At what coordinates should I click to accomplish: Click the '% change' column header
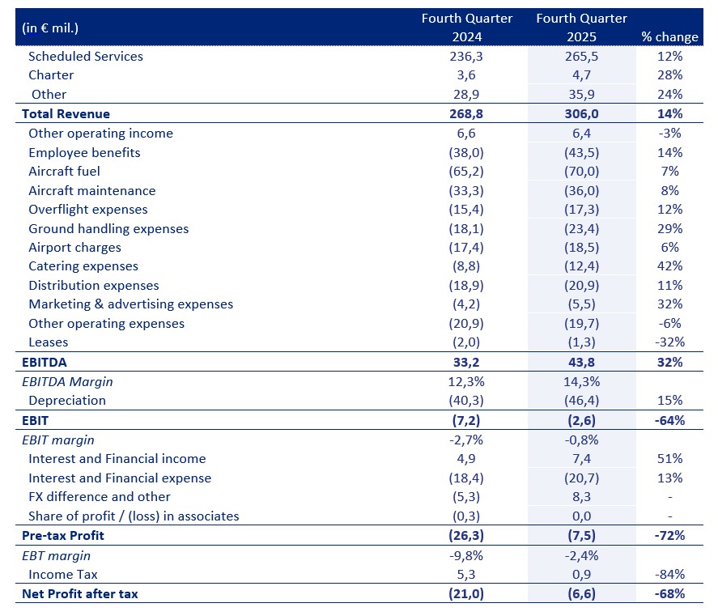click(x=669, y=36)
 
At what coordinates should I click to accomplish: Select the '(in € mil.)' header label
click(x=50, y=28)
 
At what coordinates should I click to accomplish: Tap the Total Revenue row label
click(x=66, y=113)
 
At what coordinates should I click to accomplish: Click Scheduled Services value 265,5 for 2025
click(x=581, y=57)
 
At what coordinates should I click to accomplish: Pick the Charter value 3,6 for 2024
click(x=466, y=75)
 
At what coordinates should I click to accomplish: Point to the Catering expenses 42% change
click(x=670, y=266)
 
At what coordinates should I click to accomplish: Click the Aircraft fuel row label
click(x=64, y=172)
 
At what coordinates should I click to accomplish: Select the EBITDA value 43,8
click(x=581, y=363)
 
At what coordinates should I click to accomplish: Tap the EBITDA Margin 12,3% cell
click(x=466, y=381)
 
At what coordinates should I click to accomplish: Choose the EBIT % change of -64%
click(x=669, y=420)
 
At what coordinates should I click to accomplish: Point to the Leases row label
click(x=48, y=342)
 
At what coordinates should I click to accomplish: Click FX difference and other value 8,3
click(x=581, y=497)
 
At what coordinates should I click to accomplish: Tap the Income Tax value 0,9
click(x=581, y=575)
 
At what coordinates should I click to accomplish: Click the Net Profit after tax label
click(x=79, y=594)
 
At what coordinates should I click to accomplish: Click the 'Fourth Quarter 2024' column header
click(x=466, y=28)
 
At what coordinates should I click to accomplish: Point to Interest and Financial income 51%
click(x=670, y=458)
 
